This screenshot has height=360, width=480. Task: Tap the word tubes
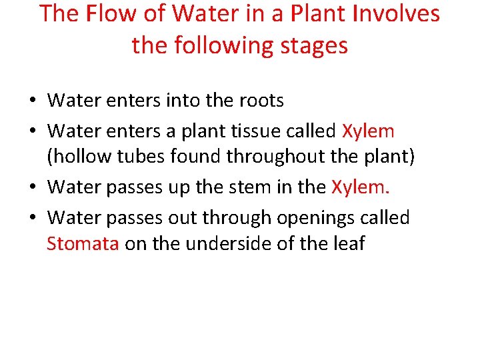143,158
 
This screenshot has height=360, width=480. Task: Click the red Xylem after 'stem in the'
360,187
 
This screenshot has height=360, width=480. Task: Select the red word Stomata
83,244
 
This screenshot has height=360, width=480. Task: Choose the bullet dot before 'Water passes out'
33,218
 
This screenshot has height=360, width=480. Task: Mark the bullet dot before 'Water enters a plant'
33,131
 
